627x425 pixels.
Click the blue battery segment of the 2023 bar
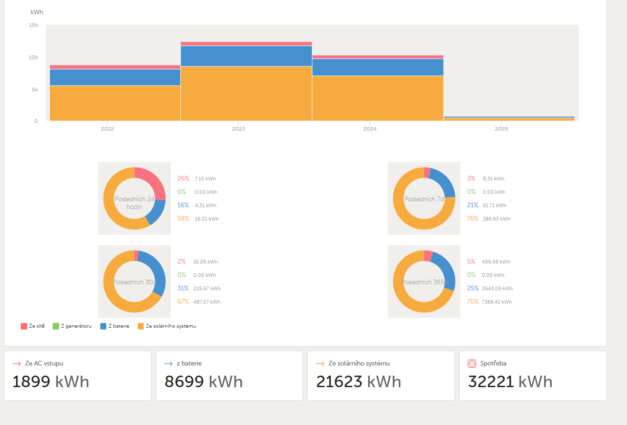pos(246,56)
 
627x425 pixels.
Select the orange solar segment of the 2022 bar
pos(115,103)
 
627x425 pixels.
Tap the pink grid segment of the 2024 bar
pos(377,57)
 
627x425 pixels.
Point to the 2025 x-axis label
pos(501,129)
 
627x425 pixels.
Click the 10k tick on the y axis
pos(33,57)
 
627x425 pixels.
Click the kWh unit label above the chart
pos(37,12)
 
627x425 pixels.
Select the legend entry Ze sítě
pos(33,326)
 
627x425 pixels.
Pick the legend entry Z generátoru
pos(72,326)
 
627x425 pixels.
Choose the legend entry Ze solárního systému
pos(167,326)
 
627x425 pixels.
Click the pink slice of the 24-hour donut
pos(153,181)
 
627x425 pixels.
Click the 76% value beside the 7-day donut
pos(473,218)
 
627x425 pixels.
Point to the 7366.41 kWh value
pos(497,302)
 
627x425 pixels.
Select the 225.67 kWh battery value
pos(207,288)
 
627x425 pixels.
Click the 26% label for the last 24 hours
pos(183,178)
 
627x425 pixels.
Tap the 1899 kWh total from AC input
pos(51,382)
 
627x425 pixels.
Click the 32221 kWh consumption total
pos(510,382)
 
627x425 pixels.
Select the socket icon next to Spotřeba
pos(472,364)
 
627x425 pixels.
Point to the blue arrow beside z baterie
pos(168,364)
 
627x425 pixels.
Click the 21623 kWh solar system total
pos(359,382)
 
